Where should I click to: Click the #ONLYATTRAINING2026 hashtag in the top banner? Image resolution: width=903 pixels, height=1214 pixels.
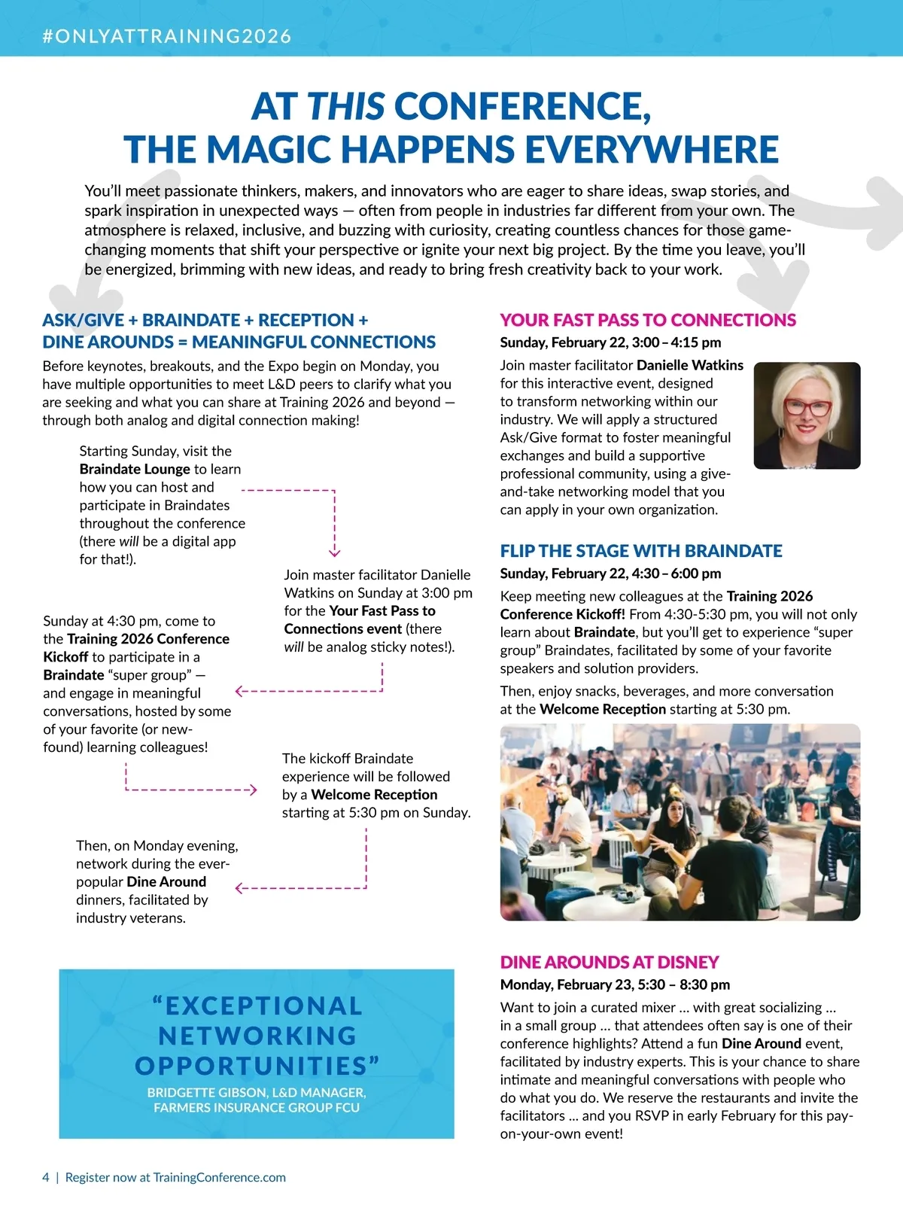coord(167,36)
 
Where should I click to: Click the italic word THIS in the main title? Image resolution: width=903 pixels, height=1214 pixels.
coord(346,107)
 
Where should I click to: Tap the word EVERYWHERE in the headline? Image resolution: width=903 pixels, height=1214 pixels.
coord(651,149)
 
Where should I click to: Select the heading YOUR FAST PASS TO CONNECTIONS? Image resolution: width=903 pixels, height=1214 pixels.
coord(647,320)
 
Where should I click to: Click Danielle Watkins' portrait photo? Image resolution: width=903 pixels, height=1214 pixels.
coord(807,415)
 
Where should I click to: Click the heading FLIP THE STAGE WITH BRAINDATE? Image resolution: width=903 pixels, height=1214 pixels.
coord(641,551)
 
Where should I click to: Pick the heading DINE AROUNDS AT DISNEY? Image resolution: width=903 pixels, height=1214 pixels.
coord(610,962)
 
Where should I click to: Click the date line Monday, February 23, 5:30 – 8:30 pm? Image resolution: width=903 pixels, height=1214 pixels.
coord(615,984)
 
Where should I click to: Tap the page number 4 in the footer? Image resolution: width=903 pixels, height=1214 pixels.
coord(46,1177)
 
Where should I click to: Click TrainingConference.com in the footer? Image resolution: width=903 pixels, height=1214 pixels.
coord(219,1177)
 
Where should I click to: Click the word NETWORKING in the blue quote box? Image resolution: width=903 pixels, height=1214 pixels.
coord(257,1036)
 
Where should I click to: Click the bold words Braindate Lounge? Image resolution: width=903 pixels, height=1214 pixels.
coord(135,469)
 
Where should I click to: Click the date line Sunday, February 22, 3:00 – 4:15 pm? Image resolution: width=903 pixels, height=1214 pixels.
coord(610,342)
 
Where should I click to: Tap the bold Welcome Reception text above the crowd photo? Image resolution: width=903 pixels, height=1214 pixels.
coord(603,709)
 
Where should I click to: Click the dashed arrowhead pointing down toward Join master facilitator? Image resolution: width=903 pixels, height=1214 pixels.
coord(335,552)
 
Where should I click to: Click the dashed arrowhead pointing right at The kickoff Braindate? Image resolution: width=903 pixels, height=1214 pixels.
coord(254,790)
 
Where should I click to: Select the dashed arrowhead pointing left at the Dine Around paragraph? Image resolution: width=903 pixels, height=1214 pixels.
coord(239,889)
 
